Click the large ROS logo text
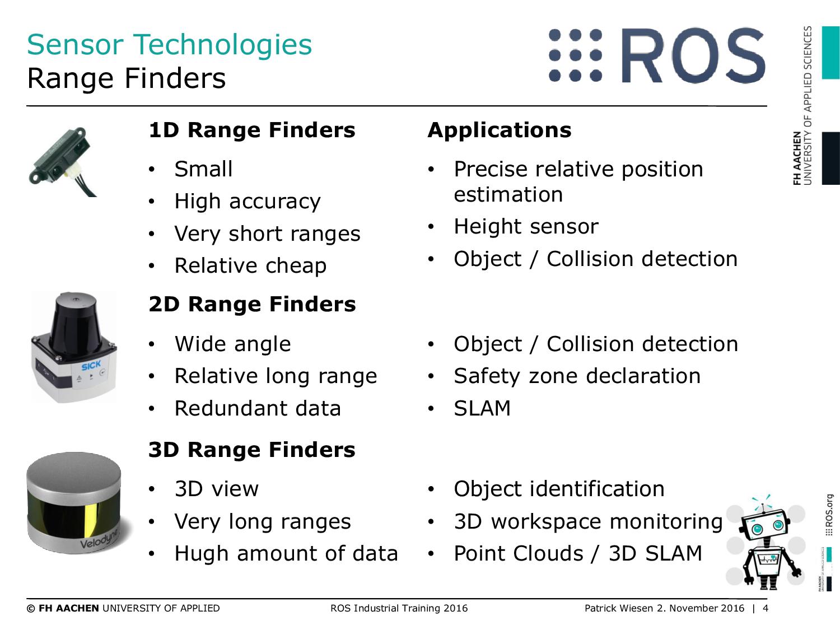(x=693, y=55)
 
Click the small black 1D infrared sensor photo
(x=62, y=161)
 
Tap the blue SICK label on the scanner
(x=91, y=366)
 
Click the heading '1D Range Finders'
(x=252, y=130)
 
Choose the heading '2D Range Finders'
(x=252, y=304)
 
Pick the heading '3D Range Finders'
(x=252, y=450)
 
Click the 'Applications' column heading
(x=500, y=131)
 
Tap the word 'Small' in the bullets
(x=203, y=169)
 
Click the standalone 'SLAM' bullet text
(x=482, y=408)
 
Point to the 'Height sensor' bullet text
(x=526, y=226)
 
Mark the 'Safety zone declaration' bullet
(x=577, y=376)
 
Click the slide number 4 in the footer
(x=765, y=608)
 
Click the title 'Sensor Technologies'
(x=170, y=45)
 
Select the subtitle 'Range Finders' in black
(x=127, y=78)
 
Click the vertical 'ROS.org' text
(x=828, y=515)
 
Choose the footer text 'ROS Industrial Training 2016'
(x=399, y=608)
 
